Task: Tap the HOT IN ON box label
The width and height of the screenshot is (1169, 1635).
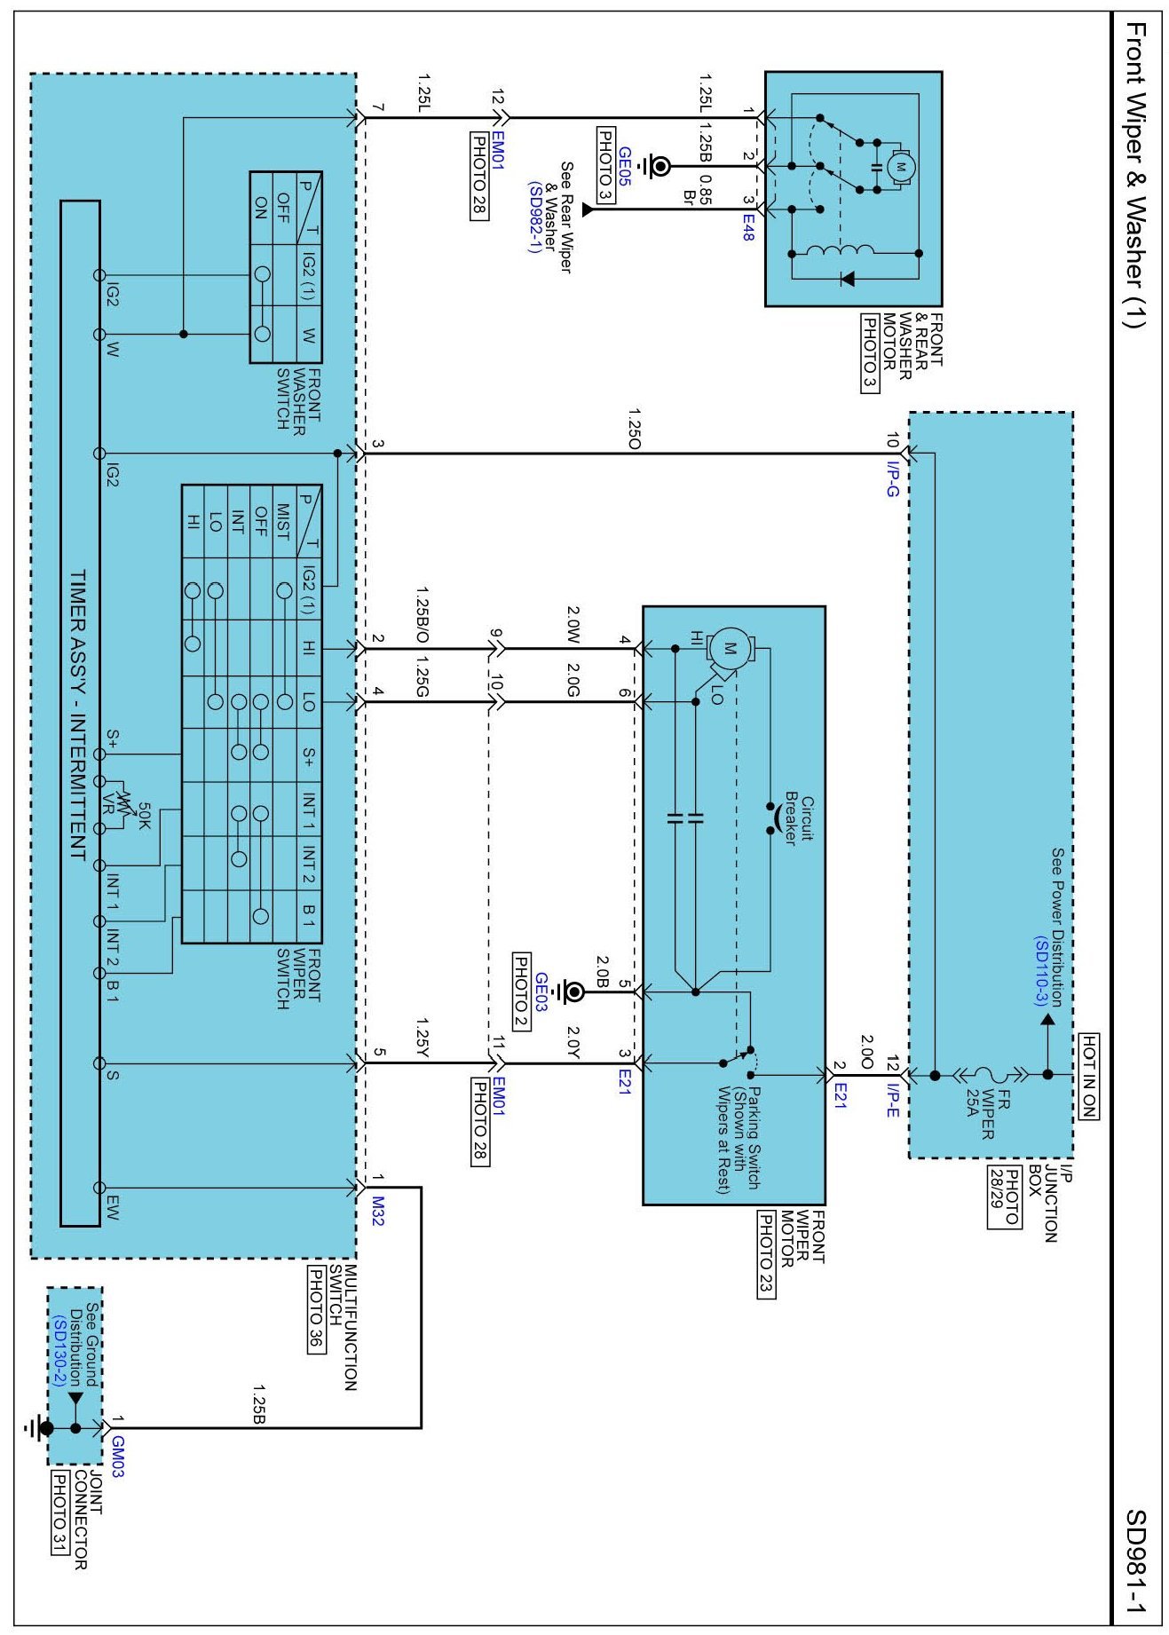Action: click(x=1088, y=1076)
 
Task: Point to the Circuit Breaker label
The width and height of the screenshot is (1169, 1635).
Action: click(x=800, y=818)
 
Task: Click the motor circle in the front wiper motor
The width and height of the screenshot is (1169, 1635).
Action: click(x=731, y=647)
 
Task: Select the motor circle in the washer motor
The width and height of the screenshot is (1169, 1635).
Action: click(x=901, y=166)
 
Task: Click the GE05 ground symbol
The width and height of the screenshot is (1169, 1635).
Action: click(x=658, y=166)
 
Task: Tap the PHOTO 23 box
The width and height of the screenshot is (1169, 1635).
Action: click(x=766, y=1254)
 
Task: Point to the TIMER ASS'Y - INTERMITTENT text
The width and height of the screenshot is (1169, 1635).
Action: click(x=78, y=715)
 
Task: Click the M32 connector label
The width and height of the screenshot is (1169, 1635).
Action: click(x=378, y=1211)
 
